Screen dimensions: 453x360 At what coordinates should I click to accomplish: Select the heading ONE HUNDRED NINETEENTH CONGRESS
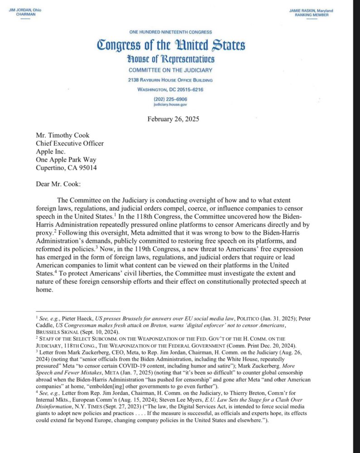(x=170, y=33)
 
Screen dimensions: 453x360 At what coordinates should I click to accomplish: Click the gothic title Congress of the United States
(x=171, y=46)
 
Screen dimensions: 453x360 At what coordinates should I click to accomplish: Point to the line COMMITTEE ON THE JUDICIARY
(x=170, y=70)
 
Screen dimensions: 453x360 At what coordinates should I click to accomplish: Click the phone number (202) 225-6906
(x=170, y=99)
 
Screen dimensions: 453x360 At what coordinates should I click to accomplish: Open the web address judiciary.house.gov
(x=170, y=104)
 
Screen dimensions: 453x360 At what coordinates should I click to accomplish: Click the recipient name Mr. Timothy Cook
(x=63, y=135)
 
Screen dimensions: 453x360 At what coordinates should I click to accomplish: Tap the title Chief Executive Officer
(x=70, y=144)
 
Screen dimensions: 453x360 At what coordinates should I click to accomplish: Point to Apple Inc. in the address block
(x=51, y=152)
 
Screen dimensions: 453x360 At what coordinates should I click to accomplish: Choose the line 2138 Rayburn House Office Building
(x=170, y=80)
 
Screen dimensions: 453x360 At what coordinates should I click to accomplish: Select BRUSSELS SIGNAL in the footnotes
(x=55, y=332)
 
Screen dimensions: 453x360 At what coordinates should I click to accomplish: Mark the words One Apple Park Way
(x=66, y=160)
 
